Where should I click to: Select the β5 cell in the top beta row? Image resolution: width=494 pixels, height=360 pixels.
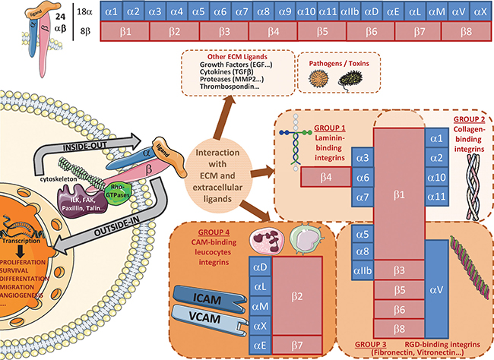(x=322, y=33)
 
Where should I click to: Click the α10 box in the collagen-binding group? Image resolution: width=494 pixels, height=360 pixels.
(x=436, y=178)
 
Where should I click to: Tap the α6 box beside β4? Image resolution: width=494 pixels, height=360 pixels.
(x=363, y=178)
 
